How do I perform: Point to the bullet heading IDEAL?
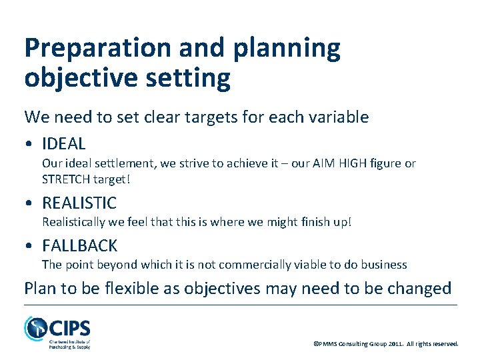click(64, 143)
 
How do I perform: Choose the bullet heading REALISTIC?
click(79, 203)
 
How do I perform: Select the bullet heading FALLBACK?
click(79, 245)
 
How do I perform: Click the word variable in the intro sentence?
click(339, 117)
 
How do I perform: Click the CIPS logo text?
click(69, 328)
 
